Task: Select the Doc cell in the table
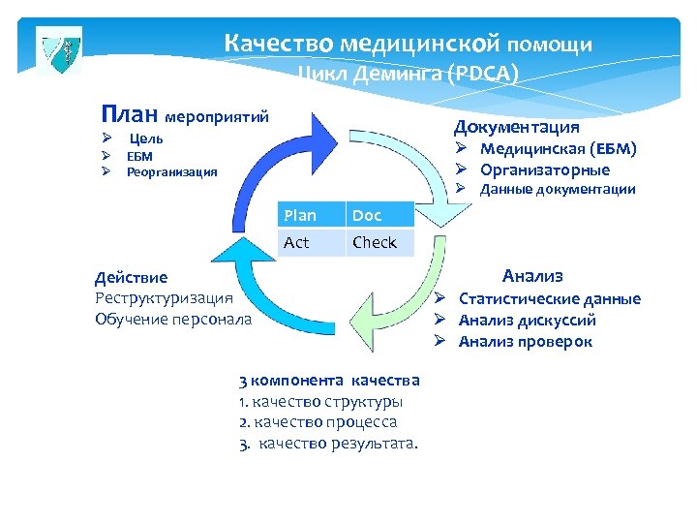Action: click(x=379, y=215)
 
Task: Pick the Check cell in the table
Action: click(x=379, y=242)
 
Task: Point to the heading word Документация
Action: click(x=517, y=127)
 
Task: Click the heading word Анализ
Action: click(x=532, y=276)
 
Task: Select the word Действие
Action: click(x=131, y=278)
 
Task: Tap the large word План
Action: click(x=132, y=114)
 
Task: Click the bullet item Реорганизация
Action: click(x=171, y=172)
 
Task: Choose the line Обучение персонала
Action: click(x=172, y=319)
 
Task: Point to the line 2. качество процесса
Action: click(x=318, y=422)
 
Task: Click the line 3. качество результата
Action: click(x=329, y=444)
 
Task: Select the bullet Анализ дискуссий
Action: click(x=527, y=320)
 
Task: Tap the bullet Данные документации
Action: click(x=558, y=190)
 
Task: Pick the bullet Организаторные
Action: click(x=545, y=169)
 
